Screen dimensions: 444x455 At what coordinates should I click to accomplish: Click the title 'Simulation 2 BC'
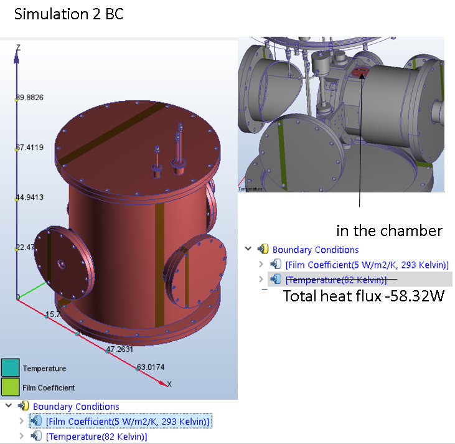coord(68,14)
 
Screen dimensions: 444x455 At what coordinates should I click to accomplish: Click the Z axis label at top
coord(18,47)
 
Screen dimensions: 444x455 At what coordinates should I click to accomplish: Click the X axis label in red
coord(169,384)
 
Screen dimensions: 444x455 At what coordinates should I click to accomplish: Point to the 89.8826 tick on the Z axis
coord(29,98)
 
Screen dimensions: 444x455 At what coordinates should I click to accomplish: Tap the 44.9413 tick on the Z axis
coord(29,198)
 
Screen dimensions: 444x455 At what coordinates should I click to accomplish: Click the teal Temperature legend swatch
coord(11,368)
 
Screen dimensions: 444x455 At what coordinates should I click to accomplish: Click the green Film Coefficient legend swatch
coord(11,387)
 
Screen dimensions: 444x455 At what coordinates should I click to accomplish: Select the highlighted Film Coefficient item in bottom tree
coord(128,422)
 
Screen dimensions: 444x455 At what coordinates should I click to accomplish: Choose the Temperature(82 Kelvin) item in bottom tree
coord(96,437)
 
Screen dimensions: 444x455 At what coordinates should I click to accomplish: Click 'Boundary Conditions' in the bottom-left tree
coord(76,407)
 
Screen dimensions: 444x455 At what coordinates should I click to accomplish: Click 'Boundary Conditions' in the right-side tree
coord(316,250)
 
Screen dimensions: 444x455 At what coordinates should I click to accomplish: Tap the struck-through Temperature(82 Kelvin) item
coord(336,280)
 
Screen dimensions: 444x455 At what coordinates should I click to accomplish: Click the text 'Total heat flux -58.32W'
coord(364,296)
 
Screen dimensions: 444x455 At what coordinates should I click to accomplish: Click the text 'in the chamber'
coord(389,231)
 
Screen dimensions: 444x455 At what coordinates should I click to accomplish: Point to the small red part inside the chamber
coord(359,73)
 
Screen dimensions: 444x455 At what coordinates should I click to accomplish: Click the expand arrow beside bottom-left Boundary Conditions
coord(8,406)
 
